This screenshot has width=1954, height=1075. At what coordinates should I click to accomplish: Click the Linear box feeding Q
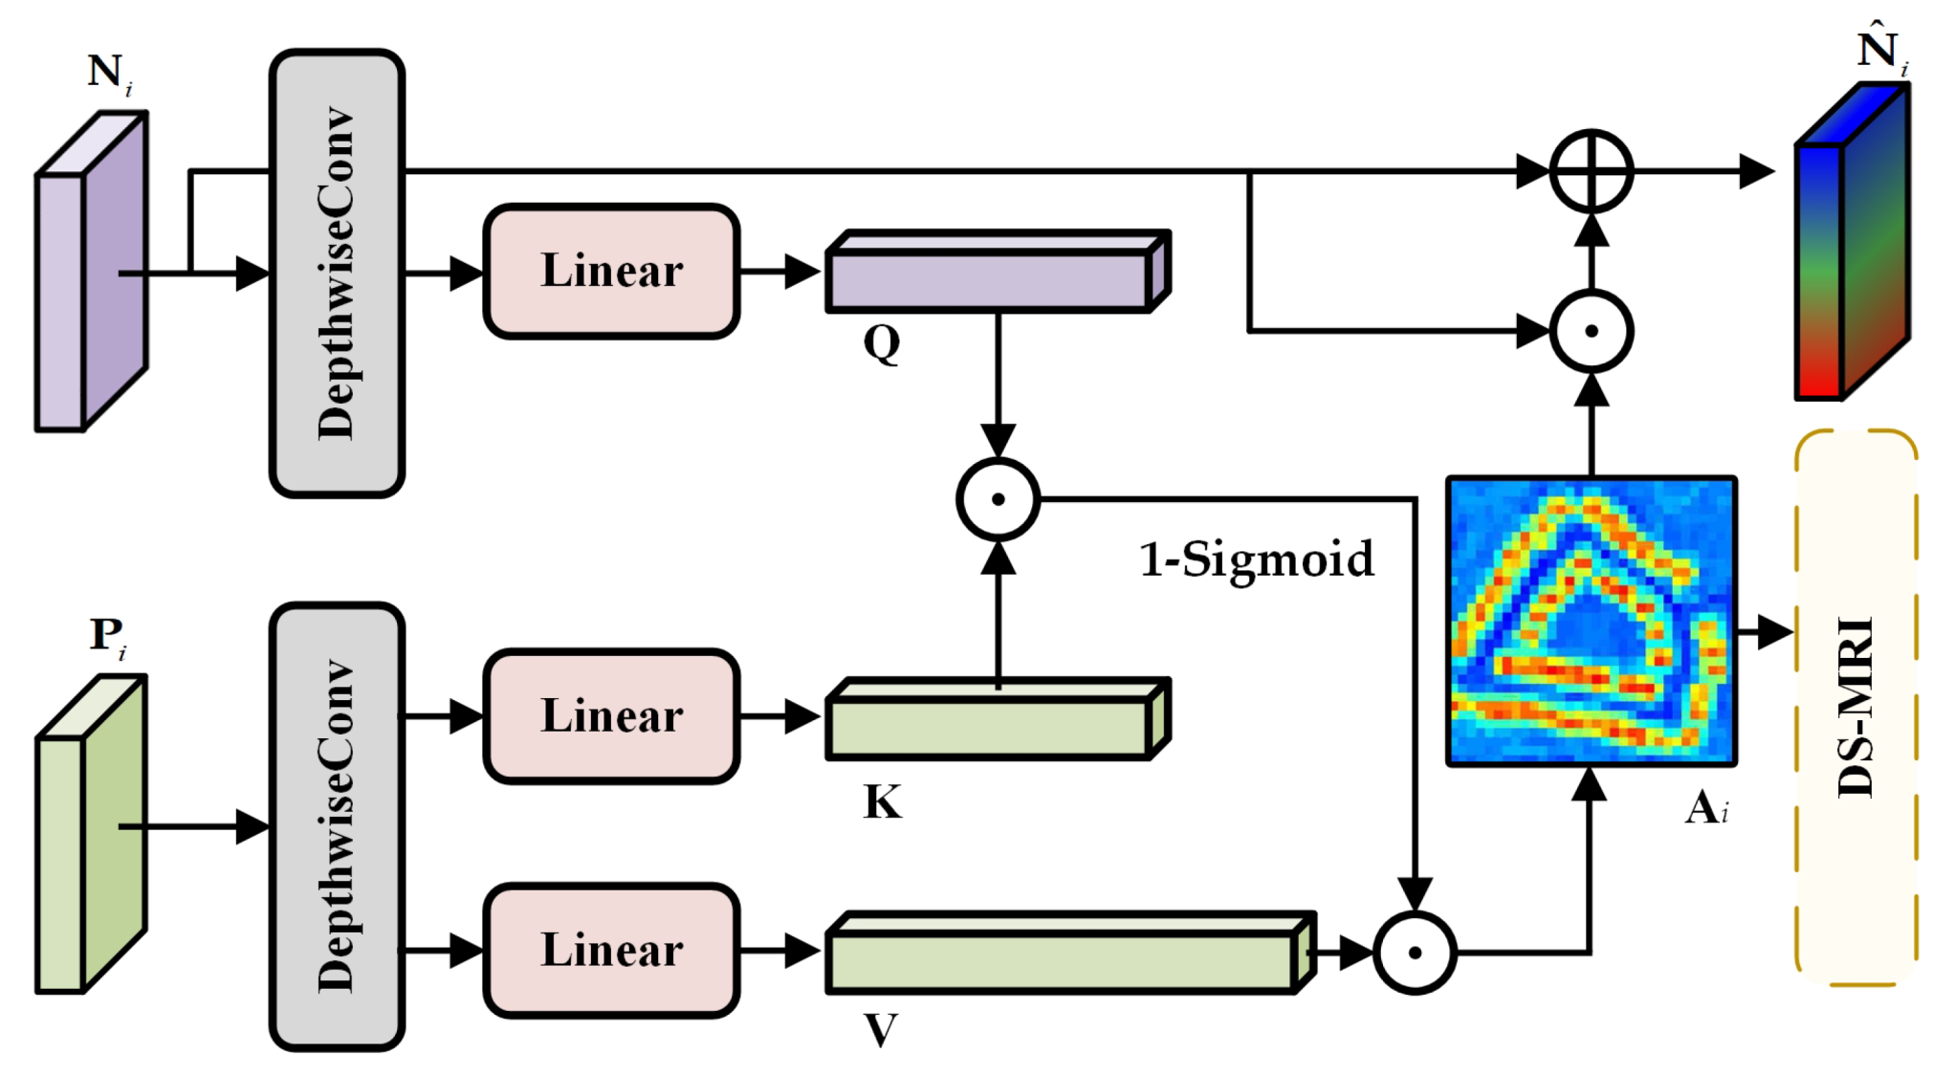pos(611,272)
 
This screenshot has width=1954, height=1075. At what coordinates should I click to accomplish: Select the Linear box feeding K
pos(611,716)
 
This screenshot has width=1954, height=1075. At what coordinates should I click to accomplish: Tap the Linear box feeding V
pos(611,951)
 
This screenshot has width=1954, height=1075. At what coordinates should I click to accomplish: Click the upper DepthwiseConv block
pos(337,274)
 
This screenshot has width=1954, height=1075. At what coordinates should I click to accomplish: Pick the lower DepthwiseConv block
pos(337,826)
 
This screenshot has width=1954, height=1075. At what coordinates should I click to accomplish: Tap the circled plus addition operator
pos(1591,172)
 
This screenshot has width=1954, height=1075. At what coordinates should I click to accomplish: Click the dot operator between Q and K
pos(998,499)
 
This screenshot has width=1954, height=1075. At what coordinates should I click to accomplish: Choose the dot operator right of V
pos(1415,953)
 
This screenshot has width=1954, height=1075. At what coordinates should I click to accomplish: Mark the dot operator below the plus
pos(1591,331)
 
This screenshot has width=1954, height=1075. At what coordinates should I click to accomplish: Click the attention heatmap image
pos(1591,622)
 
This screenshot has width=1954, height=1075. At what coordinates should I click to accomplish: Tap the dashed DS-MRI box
pos(1855,708)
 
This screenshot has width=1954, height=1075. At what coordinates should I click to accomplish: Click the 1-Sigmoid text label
pos(1256,559)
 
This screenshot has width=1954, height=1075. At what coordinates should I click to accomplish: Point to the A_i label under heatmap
pos(1706,808)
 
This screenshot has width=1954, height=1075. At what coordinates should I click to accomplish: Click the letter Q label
pos(881,342)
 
